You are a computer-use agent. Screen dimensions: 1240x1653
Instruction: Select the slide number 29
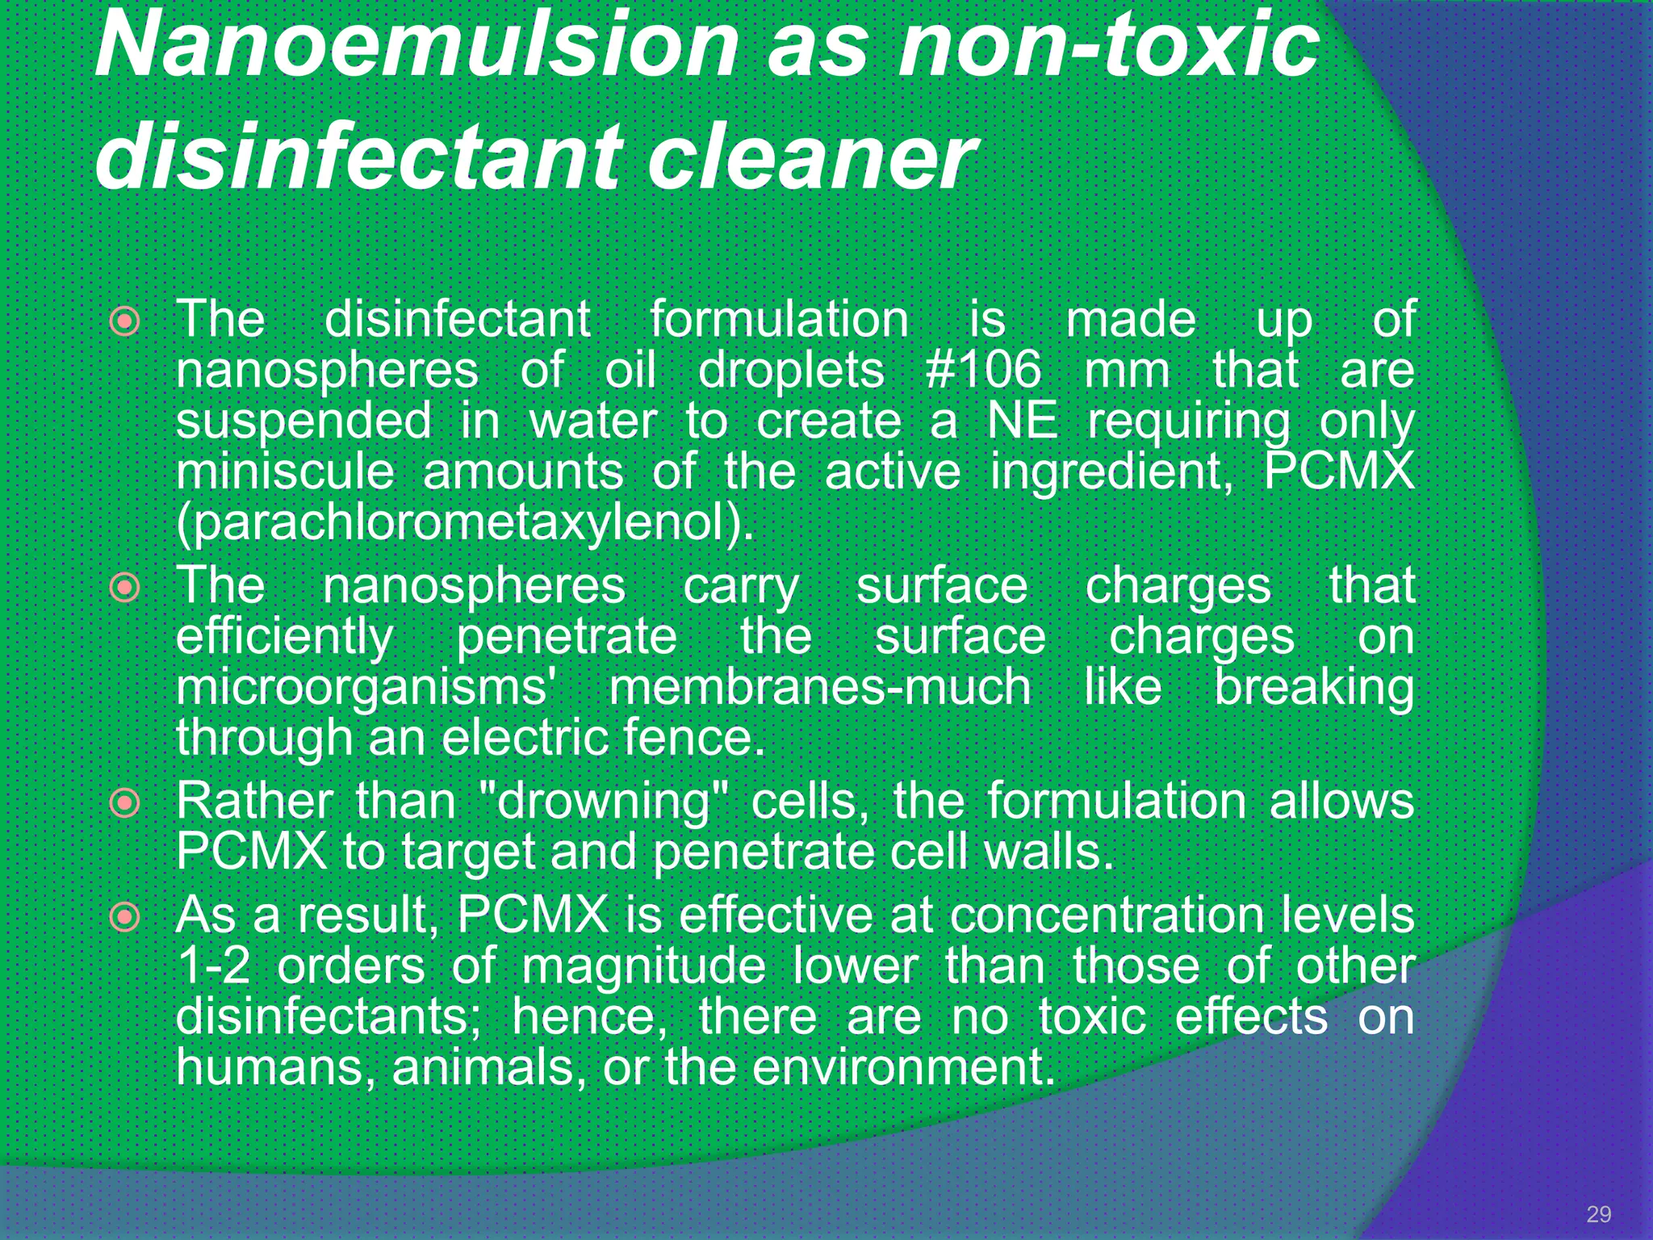point(1598,1214)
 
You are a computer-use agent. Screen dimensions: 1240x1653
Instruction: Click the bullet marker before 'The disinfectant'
point(125,322)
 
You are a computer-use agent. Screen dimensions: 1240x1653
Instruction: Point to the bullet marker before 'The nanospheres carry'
point(125,587)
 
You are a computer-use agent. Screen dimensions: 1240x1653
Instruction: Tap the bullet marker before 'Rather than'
point(125,803)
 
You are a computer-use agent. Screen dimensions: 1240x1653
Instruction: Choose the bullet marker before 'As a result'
point(125,916)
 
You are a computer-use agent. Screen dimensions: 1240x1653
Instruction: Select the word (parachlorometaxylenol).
point(465,523)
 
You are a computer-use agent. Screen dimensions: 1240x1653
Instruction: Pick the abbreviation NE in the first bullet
point(1022,421)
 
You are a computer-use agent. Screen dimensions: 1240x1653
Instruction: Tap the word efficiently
point(285,636)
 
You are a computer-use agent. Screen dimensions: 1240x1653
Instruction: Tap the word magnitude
point(643,967)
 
